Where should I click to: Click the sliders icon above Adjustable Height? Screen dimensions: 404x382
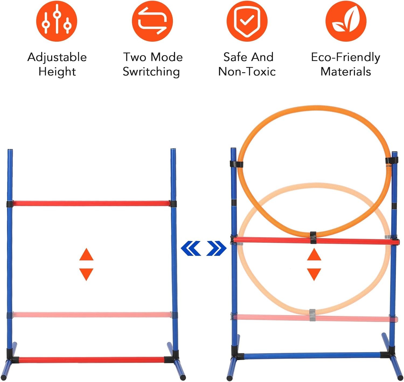[57, 21]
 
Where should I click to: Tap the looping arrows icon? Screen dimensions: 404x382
[152, 21]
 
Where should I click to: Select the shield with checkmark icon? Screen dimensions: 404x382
[247, 21]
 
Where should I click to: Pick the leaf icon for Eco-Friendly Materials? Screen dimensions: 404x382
[346, 21]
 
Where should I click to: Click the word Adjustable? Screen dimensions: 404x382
[57, 58]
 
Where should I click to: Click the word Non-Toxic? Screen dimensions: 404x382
[247, 72]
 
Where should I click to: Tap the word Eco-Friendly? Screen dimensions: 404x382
[346, 58]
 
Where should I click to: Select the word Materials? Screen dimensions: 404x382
[346, 72]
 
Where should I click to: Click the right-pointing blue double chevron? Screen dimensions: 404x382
[216, 248]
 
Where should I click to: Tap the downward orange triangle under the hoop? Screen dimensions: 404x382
[314, 275]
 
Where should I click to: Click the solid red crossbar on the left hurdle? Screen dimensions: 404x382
[92, 204]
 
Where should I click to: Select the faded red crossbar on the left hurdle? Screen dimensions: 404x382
[92, 315]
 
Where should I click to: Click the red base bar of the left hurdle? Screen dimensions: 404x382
[92, 360]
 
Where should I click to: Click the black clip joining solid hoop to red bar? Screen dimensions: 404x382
[313, 237]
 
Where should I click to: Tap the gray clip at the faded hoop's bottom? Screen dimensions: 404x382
[312, 315]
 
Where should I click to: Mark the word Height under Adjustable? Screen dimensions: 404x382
[57, 72]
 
